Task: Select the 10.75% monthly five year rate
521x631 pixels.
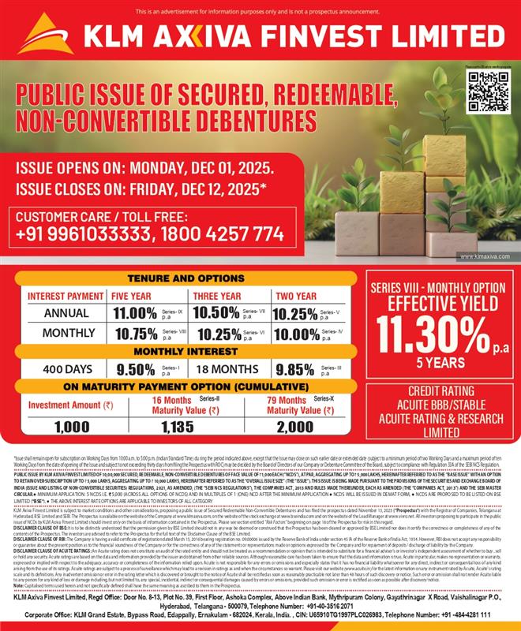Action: [x=136, y=333]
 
